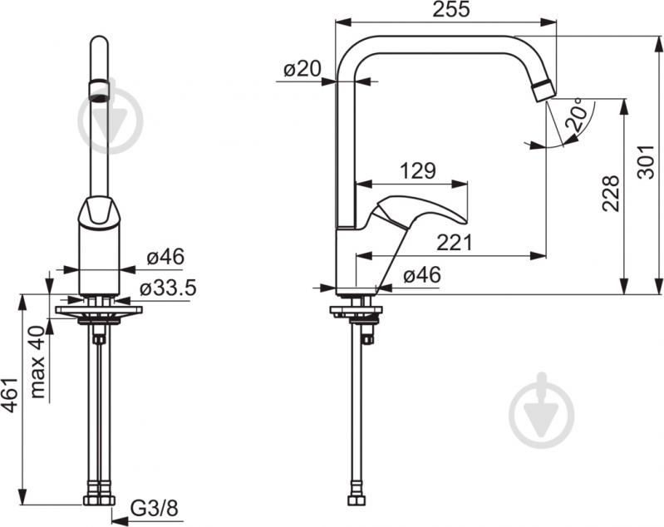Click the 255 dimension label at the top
[450, 9]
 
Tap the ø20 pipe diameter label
[302, 69]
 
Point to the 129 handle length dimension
[417, 171]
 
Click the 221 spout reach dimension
[454, 244]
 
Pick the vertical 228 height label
[611, 193]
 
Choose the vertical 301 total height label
[646, 162]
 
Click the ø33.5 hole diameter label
[168, 288]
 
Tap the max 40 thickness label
[38, 362]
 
